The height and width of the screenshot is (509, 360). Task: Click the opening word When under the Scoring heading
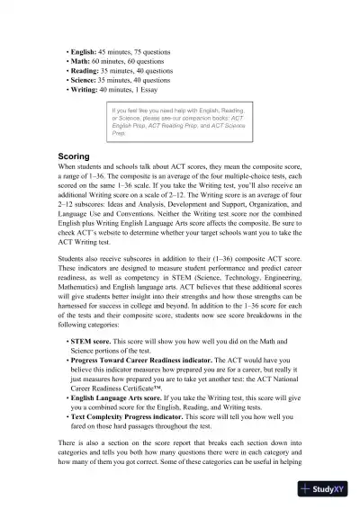coord(67,168)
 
